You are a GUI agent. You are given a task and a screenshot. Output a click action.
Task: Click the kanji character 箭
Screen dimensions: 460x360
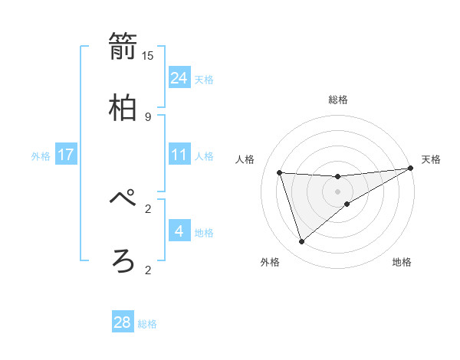pos(123,47)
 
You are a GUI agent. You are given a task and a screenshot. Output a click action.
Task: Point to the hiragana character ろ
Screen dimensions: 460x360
pos(123,261)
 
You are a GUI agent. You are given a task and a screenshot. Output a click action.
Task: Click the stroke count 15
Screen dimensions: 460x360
pos(148,55)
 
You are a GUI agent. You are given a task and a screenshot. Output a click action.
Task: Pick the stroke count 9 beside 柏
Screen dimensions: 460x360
pos(148,116)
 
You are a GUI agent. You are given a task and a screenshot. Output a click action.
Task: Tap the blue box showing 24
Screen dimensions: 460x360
pos(179,77)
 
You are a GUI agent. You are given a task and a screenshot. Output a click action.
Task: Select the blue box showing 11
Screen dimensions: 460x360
pos(179,155)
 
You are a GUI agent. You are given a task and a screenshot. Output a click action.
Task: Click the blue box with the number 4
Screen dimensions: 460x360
pos(179,231)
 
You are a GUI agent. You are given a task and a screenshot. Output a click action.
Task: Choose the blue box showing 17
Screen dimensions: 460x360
pos(66,155)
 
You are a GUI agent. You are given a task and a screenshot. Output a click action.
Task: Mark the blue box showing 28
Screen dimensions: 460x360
pos(123,322)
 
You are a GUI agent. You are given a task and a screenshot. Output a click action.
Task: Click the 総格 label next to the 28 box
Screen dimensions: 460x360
pos(147,324)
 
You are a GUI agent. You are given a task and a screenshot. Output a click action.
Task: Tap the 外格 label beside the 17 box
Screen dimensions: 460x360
pos(41,156)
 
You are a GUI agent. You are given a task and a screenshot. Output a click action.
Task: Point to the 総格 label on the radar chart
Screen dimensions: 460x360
pos(338,100)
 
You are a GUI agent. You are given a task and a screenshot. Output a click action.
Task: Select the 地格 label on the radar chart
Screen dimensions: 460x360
pos(402,262)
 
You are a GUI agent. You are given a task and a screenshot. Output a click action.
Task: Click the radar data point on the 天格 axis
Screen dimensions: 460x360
pos(410,168)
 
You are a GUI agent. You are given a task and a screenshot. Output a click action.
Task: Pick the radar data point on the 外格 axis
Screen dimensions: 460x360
pos(301,242)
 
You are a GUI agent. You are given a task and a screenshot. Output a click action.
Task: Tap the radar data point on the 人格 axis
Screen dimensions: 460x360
pos(280,172)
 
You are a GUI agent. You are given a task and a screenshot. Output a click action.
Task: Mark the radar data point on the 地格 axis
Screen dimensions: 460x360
pos(347,204)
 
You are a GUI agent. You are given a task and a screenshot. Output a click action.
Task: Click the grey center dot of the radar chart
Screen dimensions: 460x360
pos(338,191)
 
